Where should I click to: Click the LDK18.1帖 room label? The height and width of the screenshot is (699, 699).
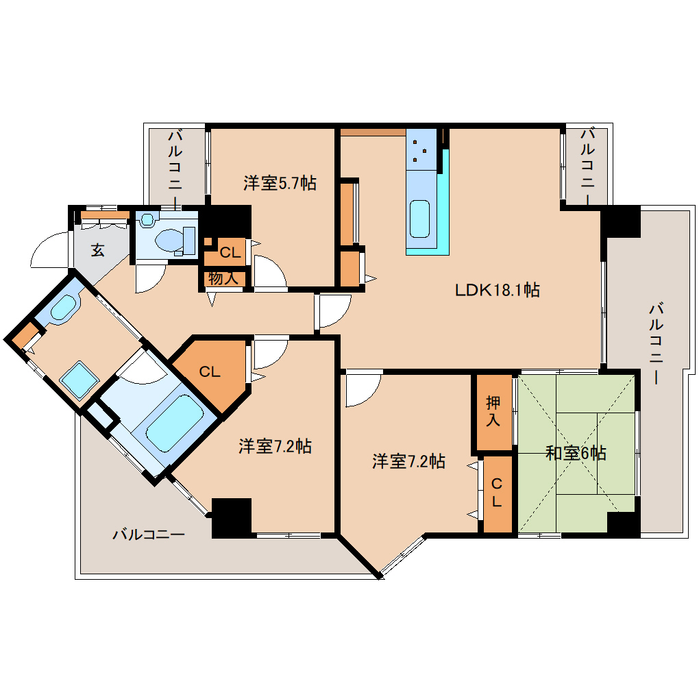(498, 290)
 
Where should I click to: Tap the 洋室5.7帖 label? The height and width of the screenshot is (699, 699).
(280, 183)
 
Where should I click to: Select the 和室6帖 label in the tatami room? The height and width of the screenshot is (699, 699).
(576, 453)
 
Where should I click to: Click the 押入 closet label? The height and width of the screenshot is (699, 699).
(493, 411)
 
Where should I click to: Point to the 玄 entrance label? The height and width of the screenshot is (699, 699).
(98, 251)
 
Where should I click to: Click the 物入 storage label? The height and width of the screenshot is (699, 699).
(223, 278)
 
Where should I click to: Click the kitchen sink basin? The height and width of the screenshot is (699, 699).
(420, 217)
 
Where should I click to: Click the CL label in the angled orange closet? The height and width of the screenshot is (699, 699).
(209, 372)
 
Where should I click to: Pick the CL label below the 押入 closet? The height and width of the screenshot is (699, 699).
(497, 492)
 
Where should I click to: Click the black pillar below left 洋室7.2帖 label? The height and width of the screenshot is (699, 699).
(232, 517)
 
